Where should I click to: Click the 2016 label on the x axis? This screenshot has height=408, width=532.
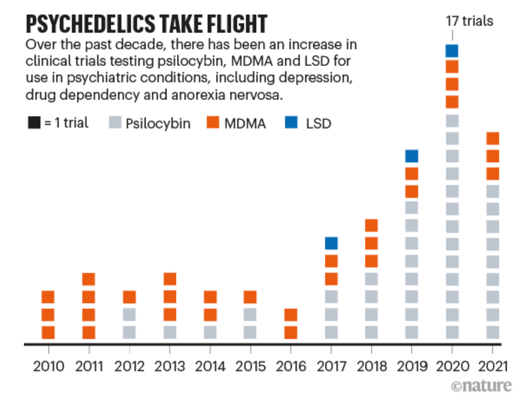point(291,366)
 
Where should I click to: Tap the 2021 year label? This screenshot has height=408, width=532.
point(493,366)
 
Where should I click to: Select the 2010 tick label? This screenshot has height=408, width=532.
point(48,366)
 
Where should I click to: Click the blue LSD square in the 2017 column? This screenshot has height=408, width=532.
point(331,243)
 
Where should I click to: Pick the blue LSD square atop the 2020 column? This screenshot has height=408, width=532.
point(452,51)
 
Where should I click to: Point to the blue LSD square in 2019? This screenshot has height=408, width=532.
point(412,156)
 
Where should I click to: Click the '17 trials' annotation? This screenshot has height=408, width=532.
point(469,21)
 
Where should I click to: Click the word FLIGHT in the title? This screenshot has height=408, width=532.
point(228,24)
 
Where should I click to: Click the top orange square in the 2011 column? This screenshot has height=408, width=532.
point(88,279)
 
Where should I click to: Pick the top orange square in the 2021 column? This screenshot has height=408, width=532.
point(492,139)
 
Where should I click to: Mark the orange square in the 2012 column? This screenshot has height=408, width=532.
point(129,297)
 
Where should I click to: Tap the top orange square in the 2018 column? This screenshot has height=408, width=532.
point(372,225)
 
